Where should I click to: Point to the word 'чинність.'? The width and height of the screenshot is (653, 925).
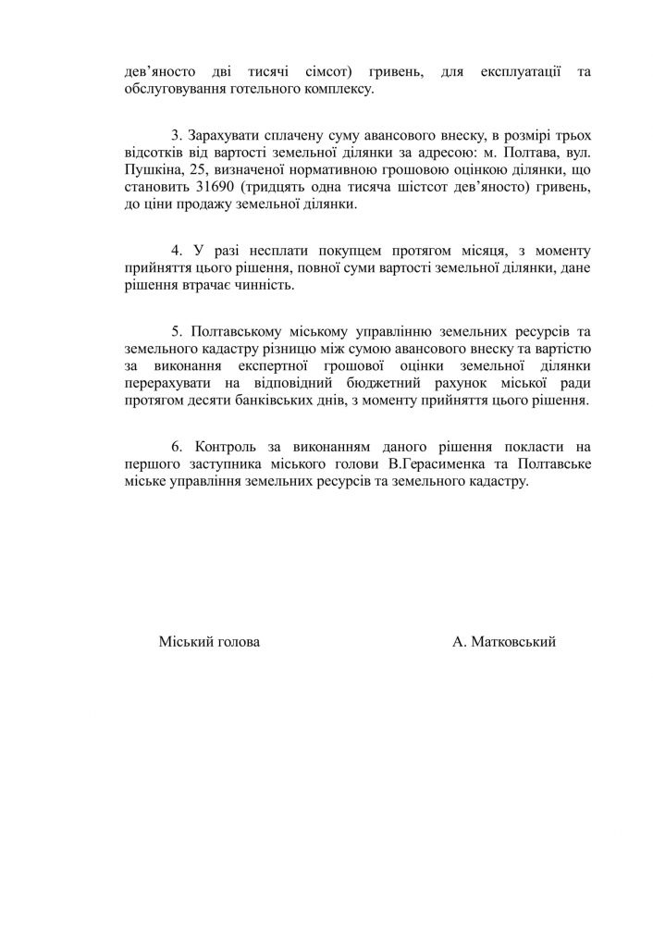tap(264, 286)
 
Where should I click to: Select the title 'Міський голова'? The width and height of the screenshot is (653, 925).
tap(209, 642)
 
